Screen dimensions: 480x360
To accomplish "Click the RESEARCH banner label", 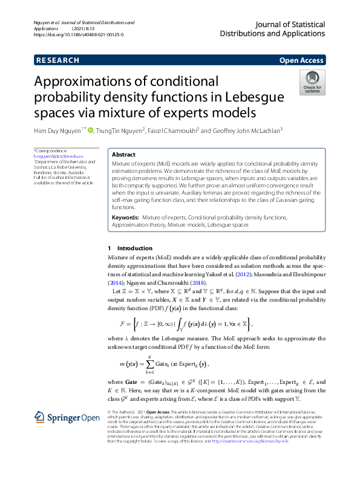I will (57, 60).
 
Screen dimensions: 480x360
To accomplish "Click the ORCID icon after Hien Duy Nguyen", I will (91, 129).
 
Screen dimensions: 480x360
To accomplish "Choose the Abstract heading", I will (124, 155).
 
